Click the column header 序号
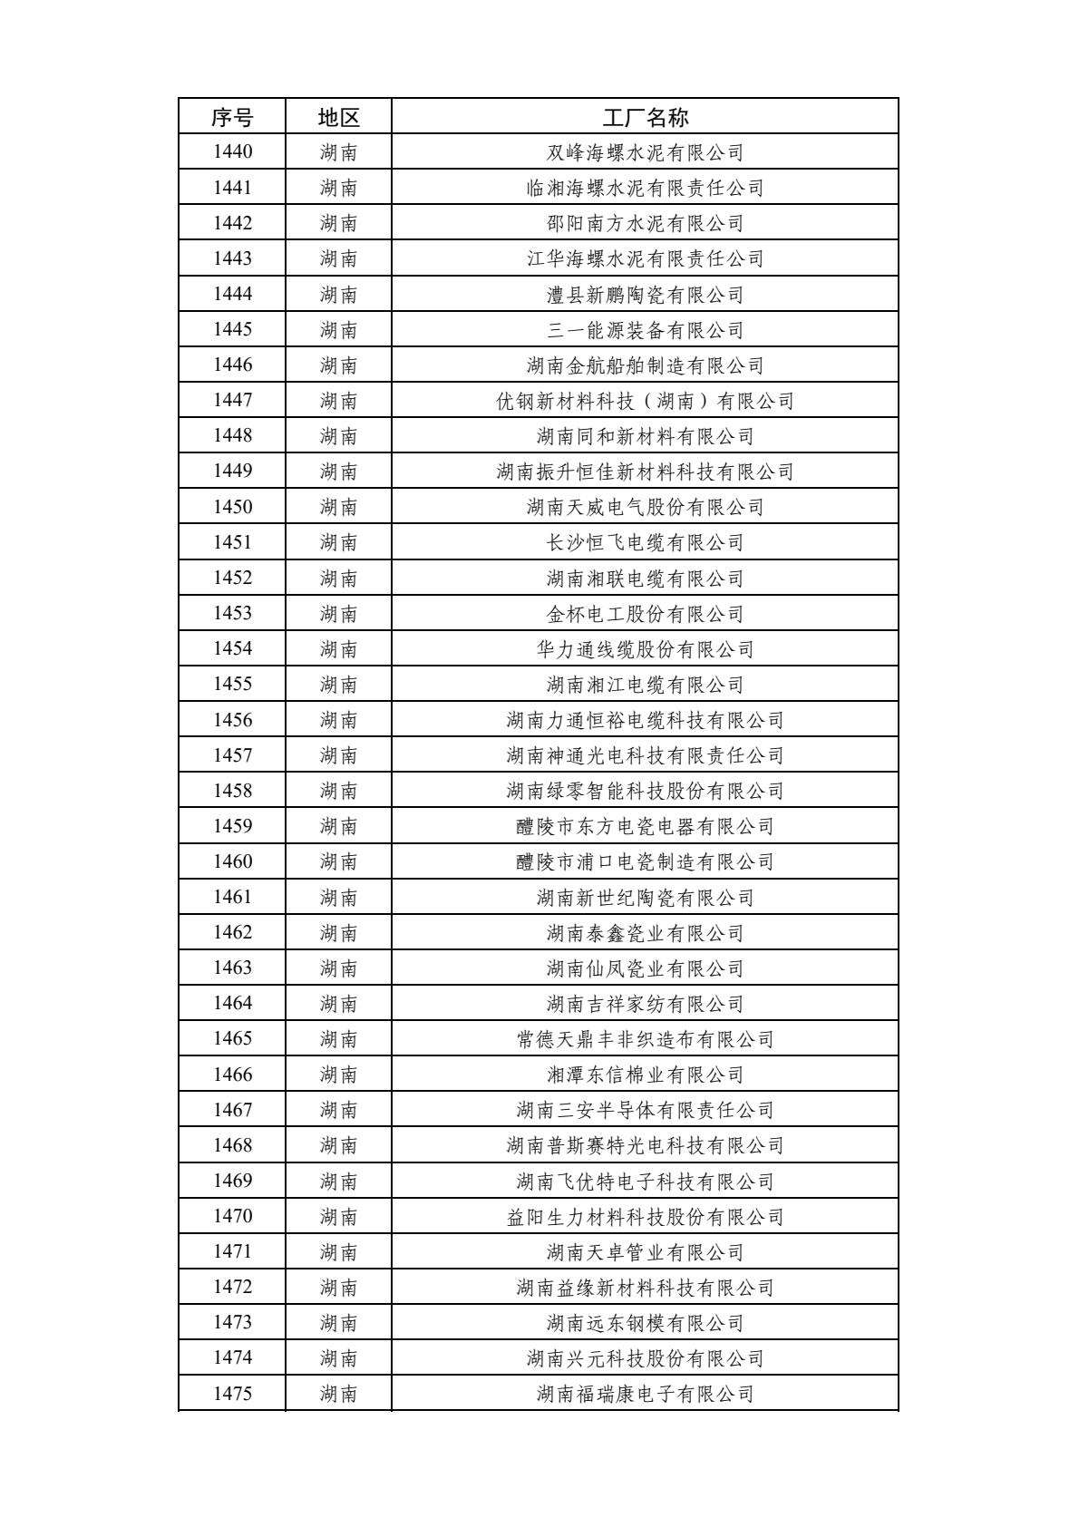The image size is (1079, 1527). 232,117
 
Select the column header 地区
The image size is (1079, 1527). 338,117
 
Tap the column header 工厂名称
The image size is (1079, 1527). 645,117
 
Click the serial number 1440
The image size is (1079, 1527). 232,152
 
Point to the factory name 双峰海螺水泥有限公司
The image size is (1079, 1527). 645,152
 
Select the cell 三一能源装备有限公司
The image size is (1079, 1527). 645,330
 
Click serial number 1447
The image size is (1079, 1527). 232,401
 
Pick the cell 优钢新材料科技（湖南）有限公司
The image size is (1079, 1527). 645,401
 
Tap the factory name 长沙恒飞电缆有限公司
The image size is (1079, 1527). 645,542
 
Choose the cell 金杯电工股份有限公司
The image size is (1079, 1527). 645,614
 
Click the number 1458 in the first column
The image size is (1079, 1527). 232,791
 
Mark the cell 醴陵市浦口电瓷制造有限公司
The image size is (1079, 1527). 645,861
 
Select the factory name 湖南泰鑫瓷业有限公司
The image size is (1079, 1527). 645,933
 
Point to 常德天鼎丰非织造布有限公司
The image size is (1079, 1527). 645,1039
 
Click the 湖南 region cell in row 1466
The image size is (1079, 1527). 338,1075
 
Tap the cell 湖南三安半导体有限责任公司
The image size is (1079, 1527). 645,1110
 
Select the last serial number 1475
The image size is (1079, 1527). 232,1394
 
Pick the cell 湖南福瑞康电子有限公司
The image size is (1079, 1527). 645,1394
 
